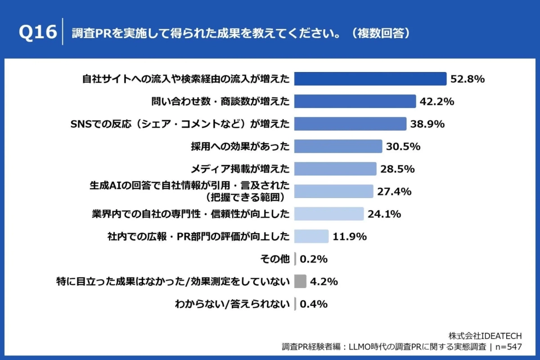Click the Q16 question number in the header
coord(38,33)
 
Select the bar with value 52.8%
coord(370,79)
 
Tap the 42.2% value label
coord(436,102)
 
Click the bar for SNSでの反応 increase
coord(350,124)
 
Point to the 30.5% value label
coord(403,147)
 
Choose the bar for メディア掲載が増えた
coord(335,169)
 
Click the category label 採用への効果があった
coord(240,147)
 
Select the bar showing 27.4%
coord(333,191)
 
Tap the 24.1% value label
coord(384,214)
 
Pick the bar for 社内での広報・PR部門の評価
coord(311,236)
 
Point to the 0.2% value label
coord(313,259)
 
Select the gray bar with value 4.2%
coord(300,282)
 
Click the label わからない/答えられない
coord(232,304)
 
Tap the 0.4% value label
coord(313,304)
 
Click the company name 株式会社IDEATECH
coord(485,336)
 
